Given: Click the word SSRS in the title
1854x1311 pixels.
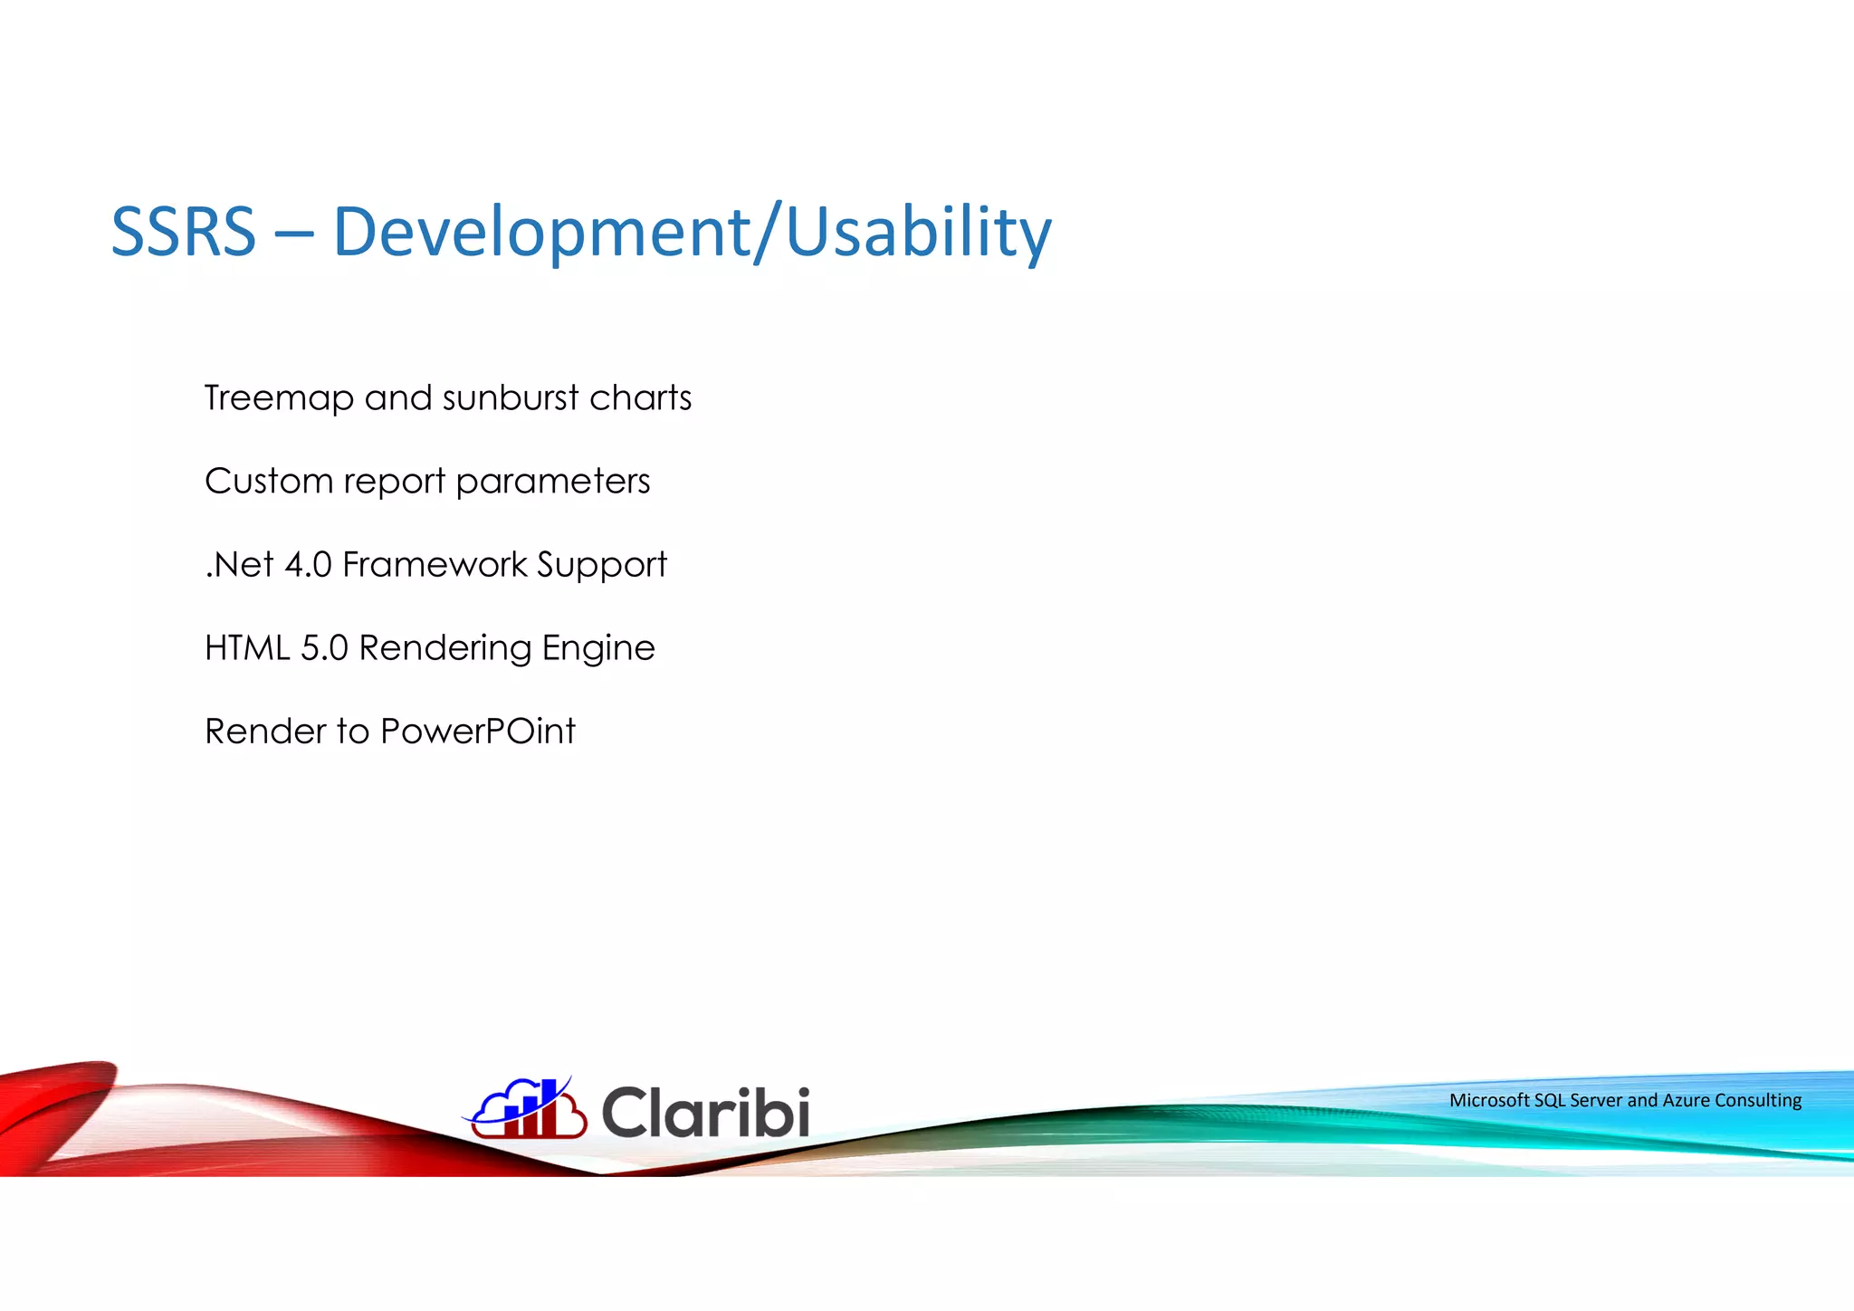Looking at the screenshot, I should tap(184, 232).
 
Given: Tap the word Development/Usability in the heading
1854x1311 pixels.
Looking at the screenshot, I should tap(692, 232).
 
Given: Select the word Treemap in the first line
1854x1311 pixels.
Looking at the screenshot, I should tap(279, 398).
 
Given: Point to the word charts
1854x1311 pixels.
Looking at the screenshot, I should tap(640, 398).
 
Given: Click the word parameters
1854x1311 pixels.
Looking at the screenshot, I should tap(553, 482).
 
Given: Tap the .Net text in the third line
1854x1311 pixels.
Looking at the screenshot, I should tap(239, 565).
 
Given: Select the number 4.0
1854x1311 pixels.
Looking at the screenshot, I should tap(308, 565).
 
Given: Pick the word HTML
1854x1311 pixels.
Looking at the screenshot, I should tap(247, 648).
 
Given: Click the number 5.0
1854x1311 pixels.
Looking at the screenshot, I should tap(324, 648).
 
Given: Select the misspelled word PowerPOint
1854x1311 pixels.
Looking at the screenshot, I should tap(477, 732).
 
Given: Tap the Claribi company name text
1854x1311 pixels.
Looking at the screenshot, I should tap(705, 1112).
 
